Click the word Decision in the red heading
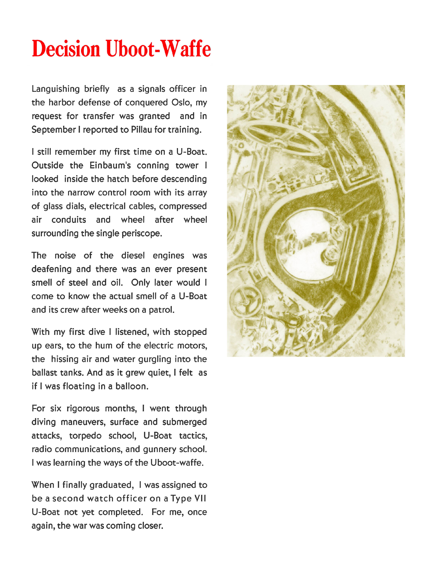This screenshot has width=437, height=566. (66, 49)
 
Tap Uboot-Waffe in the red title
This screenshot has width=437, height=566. (158, 49)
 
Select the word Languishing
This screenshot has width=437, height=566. (56, 89)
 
